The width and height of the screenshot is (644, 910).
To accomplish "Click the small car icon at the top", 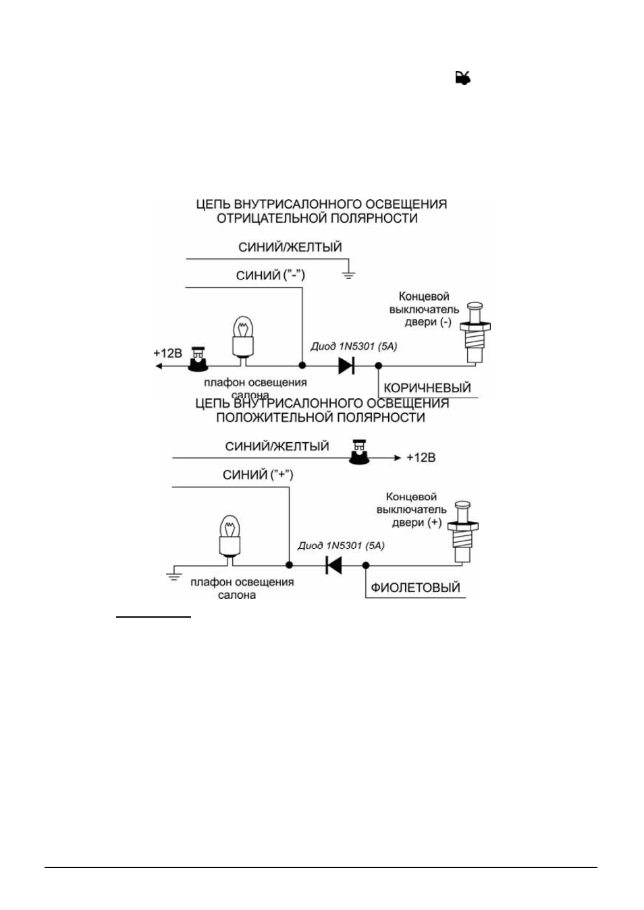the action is point(463,78).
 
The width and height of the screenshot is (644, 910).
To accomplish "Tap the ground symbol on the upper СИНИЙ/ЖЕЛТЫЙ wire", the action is point(348,275).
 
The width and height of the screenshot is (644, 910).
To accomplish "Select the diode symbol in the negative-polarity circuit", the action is point(346,365).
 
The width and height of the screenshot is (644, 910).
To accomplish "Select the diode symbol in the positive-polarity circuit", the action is point(333,565).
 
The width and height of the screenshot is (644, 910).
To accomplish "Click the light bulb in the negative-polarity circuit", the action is point(244,340).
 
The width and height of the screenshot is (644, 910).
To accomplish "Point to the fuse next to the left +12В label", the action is point(198,359).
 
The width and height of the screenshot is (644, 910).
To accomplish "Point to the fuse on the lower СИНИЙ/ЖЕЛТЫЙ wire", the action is point(359,452).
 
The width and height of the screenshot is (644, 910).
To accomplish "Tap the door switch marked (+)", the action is point(462,532).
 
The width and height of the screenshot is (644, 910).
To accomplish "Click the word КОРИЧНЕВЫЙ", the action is point(427,388).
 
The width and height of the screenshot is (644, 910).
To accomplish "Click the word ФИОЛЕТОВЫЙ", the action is point(416,587).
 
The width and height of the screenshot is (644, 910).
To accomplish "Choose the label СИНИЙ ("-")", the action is point(271,275).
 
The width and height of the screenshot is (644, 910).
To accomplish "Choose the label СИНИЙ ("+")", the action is point(258,475).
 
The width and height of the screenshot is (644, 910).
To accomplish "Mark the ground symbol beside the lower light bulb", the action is point(173,574).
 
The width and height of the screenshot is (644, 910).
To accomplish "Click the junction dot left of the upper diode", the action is point(302,365).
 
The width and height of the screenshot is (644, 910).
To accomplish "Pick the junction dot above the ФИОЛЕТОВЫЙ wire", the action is point(366,565).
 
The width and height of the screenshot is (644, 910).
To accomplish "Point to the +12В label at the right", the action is point(421,458).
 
